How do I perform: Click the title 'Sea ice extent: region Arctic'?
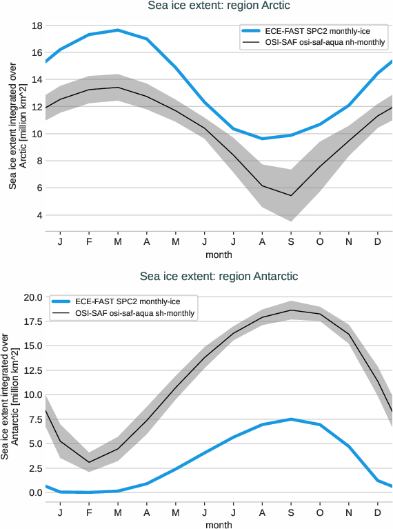coord(219,6)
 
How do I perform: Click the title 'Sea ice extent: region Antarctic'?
coord(219,277)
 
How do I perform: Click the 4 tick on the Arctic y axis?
coord(39,215)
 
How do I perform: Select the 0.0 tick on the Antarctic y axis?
coord(34,492)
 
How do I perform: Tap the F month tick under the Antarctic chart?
coord(89,512)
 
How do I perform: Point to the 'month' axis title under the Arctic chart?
coord(219,254)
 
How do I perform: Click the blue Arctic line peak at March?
coord(118,30)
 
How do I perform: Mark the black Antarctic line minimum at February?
coord(89,462)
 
